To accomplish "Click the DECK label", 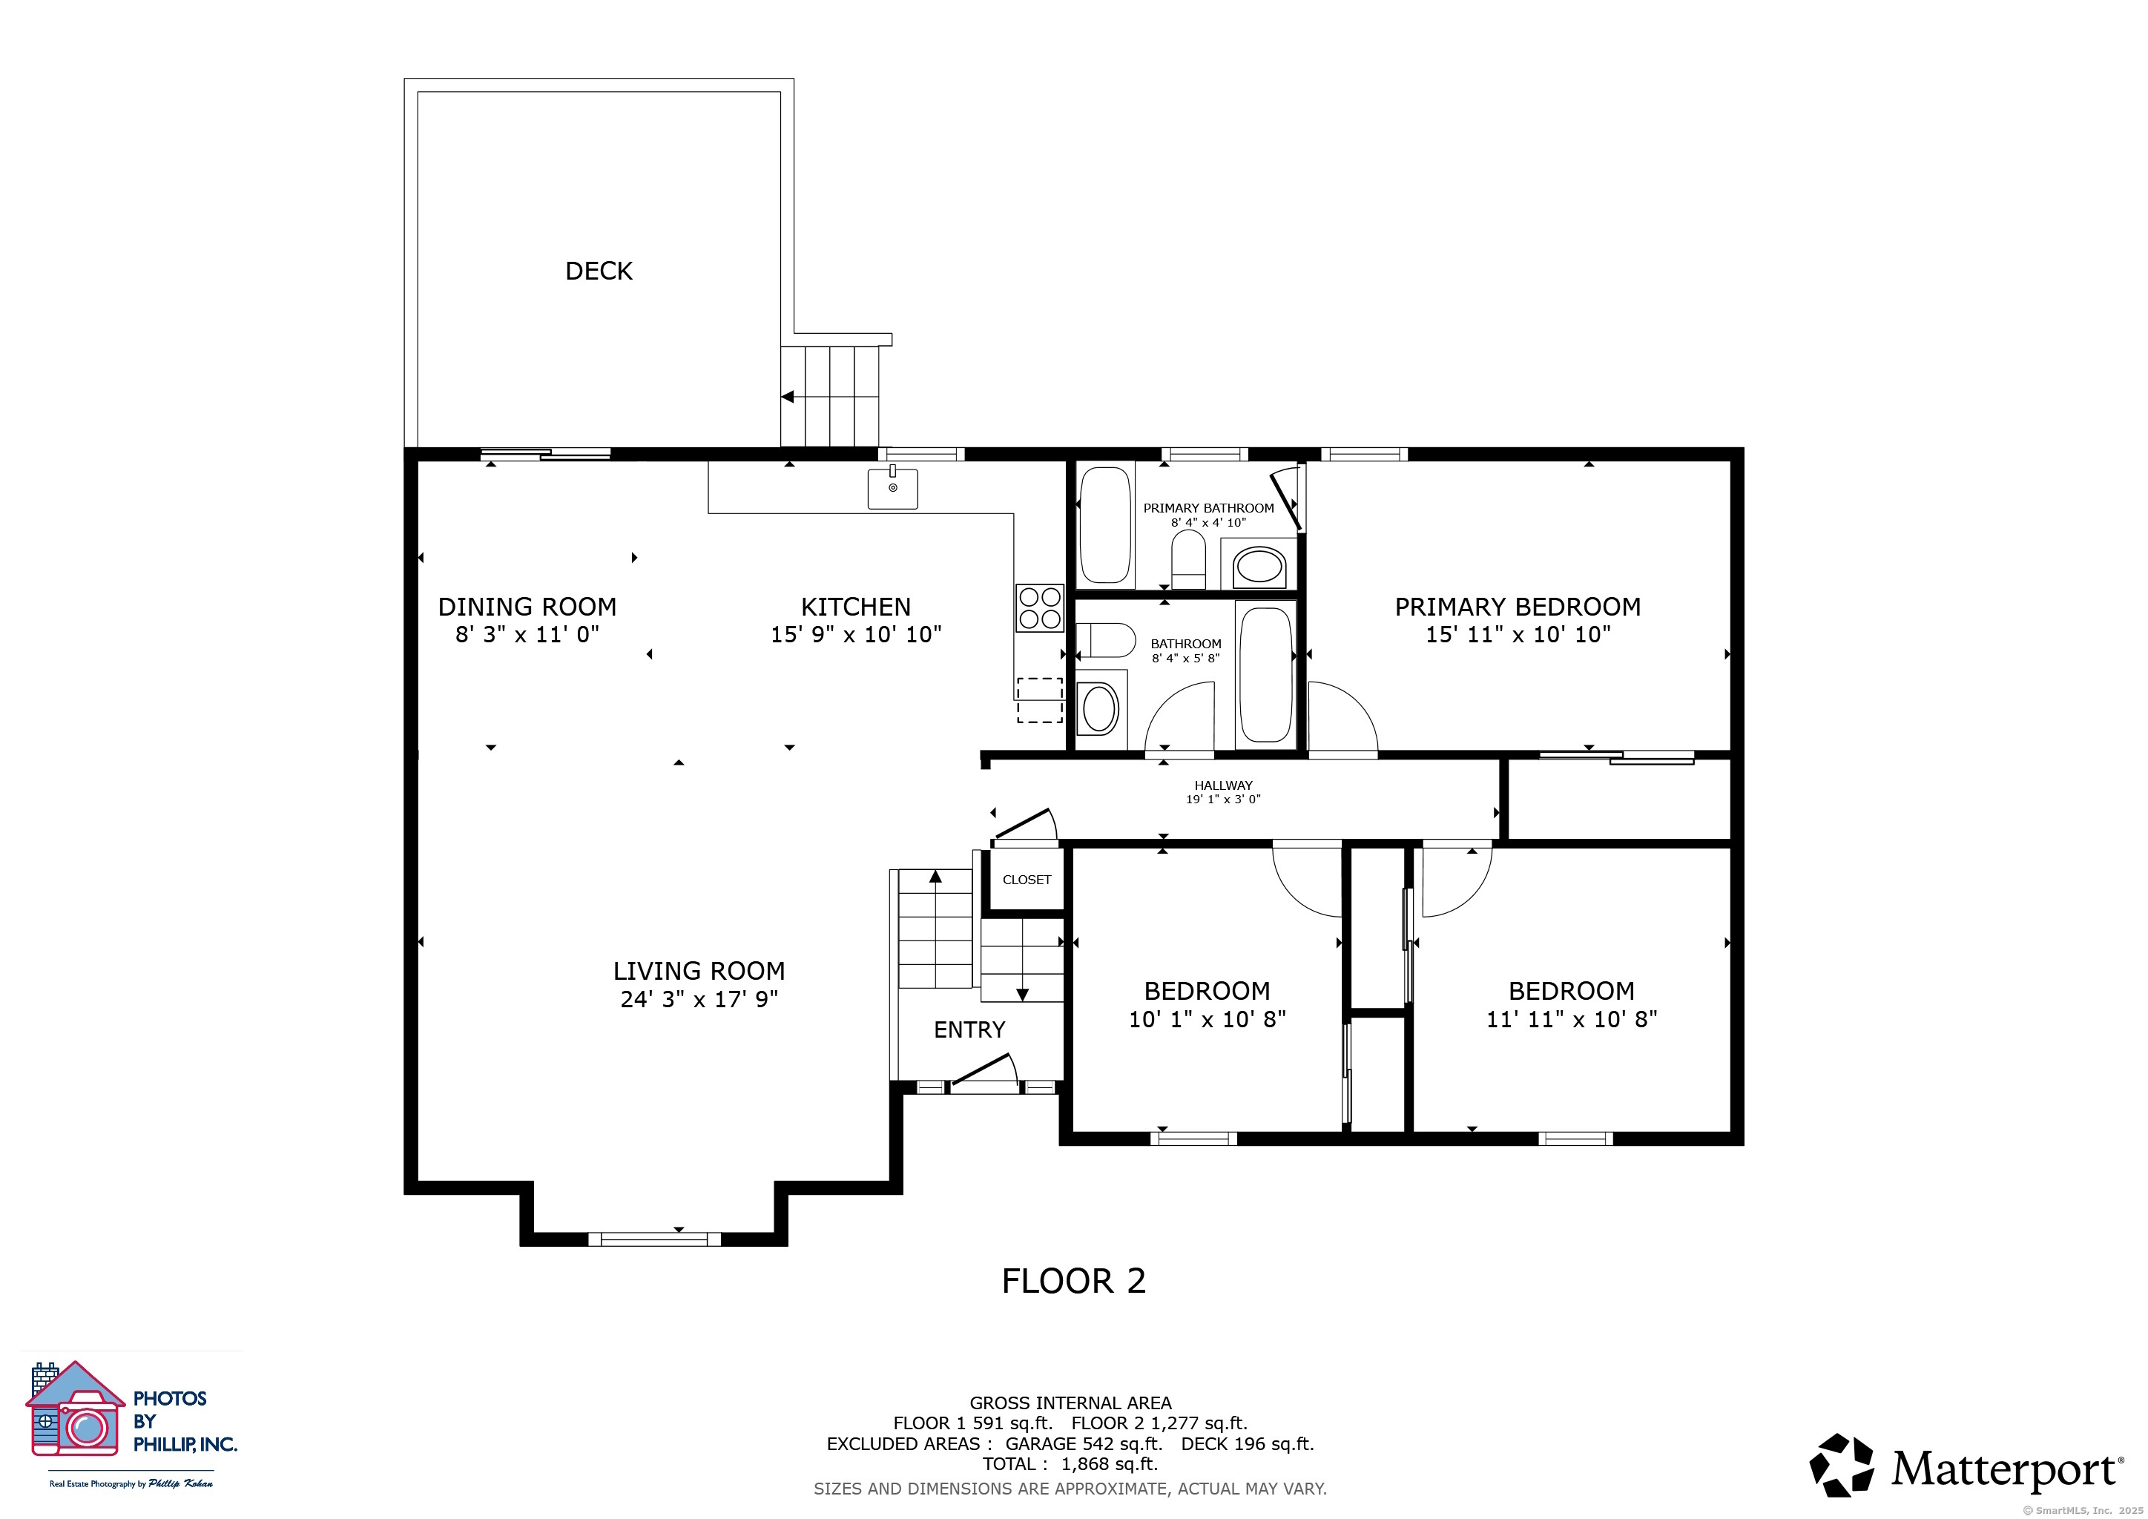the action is coord(599,271).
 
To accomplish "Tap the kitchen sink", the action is coord(892,487).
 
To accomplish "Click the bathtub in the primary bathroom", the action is coord(1105,526).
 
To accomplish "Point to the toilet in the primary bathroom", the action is coord(1189,559).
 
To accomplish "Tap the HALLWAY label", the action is coord(1223,785).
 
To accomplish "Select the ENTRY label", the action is coord(969,1029).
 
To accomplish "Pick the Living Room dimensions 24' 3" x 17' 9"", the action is coord(699,1000).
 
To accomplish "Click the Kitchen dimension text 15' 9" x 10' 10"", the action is coord(856,635).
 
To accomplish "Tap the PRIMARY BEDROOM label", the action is coord(1518,607).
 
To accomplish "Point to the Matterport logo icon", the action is coord(1841,1466).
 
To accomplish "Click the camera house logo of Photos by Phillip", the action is coord(75,1408).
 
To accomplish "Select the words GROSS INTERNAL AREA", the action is coord(1070,1403).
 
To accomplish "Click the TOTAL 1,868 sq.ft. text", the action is coord(1070,1465).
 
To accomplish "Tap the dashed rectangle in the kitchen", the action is coord(1039,699).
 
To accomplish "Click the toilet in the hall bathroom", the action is coord(1106,641).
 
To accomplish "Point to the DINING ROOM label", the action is coord(527,607).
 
